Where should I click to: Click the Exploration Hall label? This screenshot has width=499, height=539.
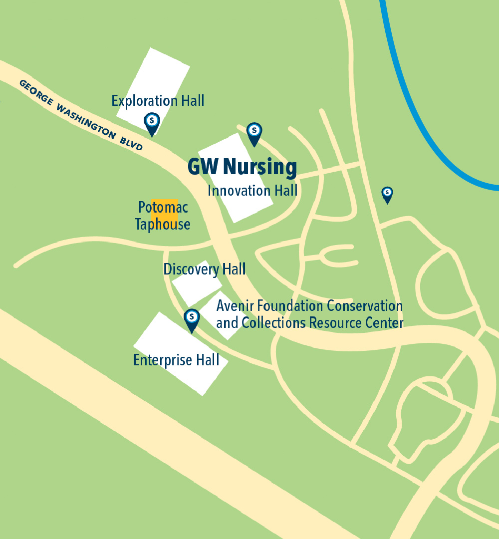tap(158, 101)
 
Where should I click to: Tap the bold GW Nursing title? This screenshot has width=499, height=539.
tap(242, 167)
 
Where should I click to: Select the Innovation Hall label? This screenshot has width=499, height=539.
tap(252, 191)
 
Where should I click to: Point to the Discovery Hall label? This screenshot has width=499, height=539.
tap(205, 269)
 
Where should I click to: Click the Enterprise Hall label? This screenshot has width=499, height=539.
tap(176, 360)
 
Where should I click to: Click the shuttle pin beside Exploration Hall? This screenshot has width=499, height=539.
tap(152, 123)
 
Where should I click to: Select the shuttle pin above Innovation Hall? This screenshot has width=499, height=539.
tap(254, 133)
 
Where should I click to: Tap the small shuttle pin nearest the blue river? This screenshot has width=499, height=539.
tap(387, 194)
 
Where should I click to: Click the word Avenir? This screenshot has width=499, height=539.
tap(235, 305)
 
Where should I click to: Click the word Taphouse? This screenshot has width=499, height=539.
tap(163, 225)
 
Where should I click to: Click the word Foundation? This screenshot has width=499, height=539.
tap(289, 305)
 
